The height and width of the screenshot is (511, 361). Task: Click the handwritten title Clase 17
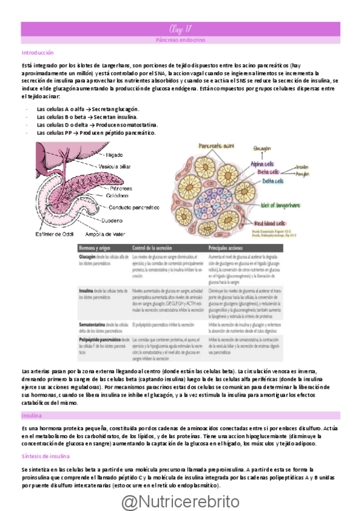pyautogui.click(x=180, y=28)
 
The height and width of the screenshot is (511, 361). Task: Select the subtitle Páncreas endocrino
pyautogui.click(x=180, y=39)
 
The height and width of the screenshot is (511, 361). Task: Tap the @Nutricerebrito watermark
pyautogui.click(x=180, y=500)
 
